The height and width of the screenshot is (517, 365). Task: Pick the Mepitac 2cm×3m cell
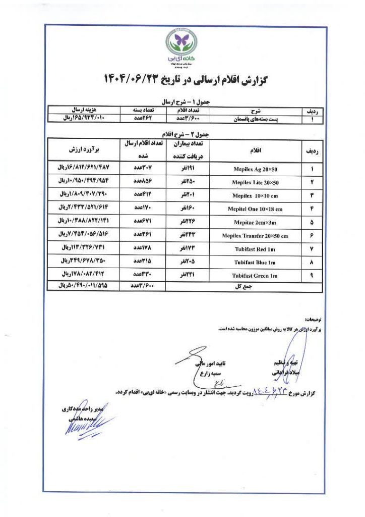tap(257, 222)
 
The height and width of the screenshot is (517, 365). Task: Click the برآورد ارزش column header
tap(84, 149)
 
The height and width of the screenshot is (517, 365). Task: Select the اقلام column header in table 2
tap(256, 150)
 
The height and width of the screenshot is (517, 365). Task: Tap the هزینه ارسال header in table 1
tap(78, 109)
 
